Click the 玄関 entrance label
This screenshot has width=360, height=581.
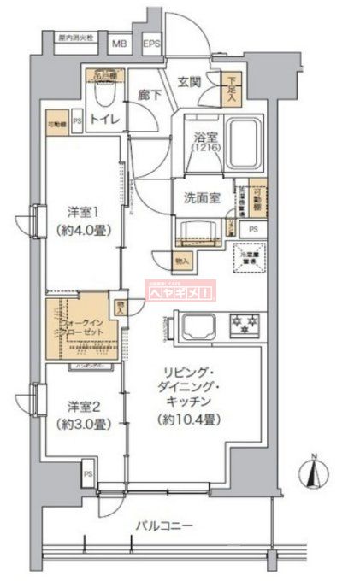tap(189, 82)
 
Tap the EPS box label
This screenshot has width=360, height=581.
tap(150, 42)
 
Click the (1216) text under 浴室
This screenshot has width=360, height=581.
tap(203, 149)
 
